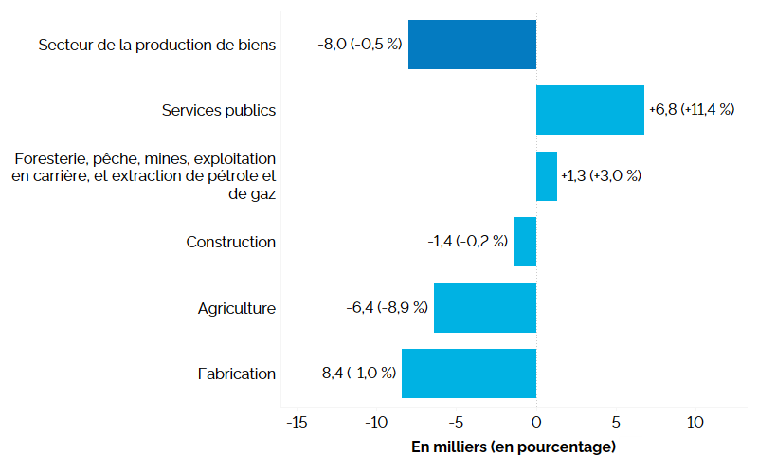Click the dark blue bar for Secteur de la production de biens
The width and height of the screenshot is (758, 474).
point(472,45)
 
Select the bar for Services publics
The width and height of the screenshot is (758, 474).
point(589,110)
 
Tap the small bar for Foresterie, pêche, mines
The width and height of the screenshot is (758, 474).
point(547,176)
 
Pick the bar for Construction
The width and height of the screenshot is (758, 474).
point(525,242)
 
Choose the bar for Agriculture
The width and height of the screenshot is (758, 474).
point(485,308)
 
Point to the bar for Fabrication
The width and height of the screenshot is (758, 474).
point(469,374)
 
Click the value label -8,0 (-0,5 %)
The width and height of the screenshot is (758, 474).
point(360,45)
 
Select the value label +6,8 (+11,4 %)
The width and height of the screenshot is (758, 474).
point(692,110)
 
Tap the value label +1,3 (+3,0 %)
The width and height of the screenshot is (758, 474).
point(601,176)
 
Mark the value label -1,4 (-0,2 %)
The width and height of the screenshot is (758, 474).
point(466,242)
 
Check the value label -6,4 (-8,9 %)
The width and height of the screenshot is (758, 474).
point(388,308)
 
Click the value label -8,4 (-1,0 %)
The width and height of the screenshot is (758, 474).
point(355,374)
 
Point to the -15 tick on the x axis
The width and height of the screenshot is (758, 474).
point(295,423)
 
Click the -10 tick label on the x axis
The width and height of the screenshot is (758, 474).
point(375,423)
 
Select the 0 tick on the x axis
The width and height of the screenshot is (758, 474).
point(536,423)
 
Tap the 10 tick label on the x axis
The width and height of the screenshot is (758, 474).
point(696,423)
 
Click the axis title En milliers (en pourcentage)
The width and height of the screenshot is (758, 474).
point(514,447)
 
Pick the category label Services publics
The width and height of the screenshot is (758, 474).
point(219,110)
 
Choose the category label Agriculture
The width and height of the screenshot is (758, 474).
point(237,308)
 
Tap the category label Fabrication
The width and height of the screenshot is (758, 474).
point(237,374)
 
